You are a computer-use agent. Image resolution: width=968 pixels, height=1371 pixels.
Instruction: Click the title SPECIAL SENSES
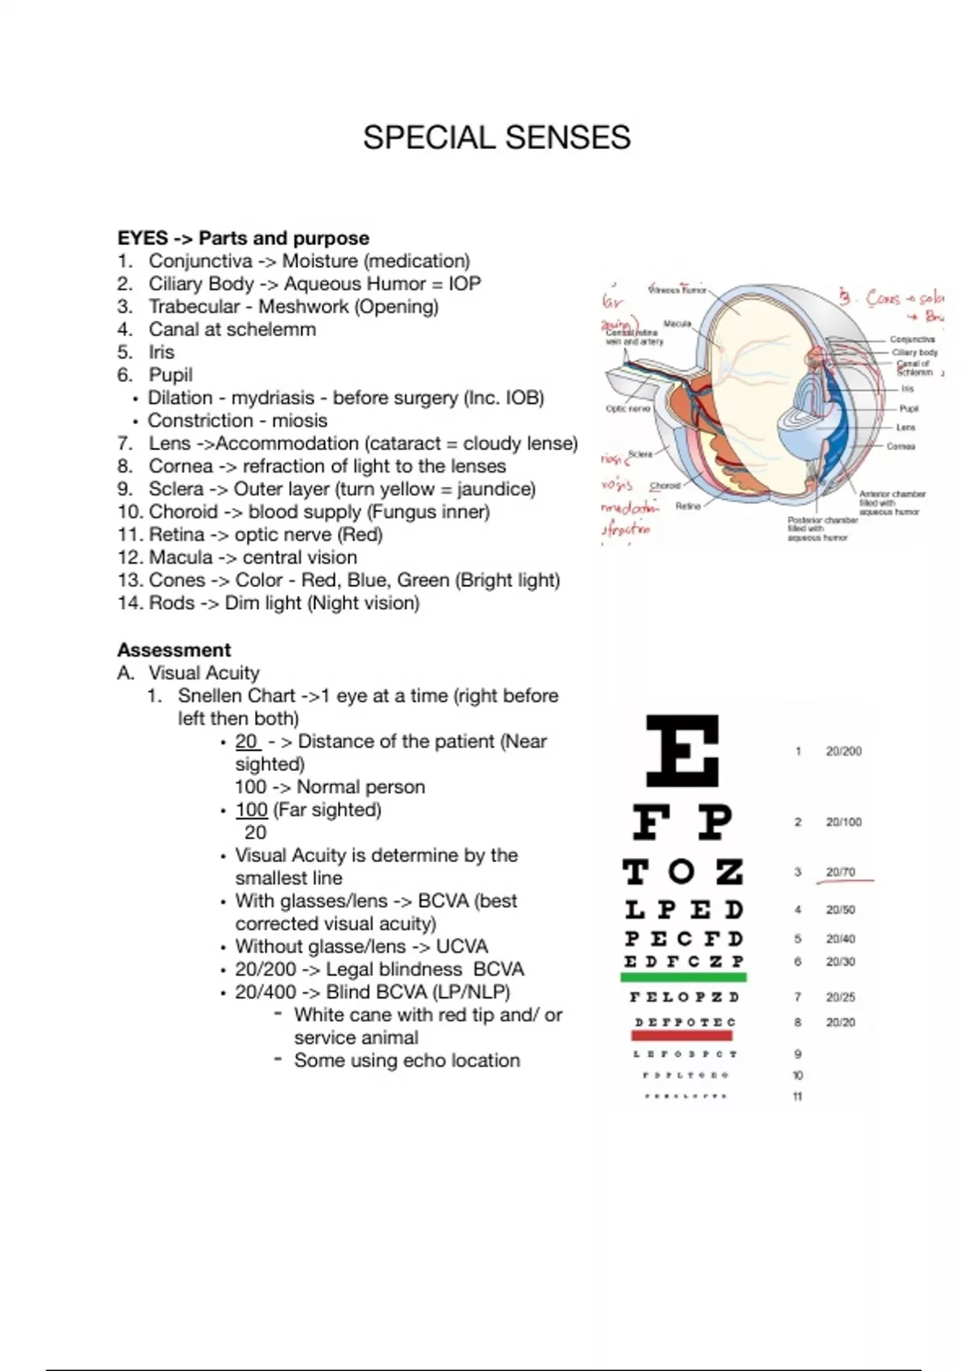click(496, 138)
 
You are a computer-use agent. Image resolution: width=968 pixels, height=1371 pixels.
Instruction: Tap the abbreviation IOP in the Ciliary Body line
click(465, 284)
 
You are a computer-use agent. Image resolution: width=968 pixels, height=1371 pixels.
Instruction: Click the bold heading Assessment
click(173, 650)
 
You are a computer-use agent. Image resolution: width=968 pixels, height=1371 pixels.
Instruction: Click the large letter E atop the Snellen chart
click(682, 752)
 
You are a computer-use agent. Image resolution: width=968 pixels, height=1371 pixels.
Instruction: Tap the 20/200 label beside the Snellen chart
click(843, 752)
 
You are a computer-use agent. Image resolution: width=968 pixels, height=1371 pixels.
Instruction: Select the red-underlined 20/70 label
click(840, 872)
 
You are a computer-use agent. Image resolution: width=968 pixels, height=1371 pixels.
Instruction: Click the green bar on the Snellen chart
click(683, 977)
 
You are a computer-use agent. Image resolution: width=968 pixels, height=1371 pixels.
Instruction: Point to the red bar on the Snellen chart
click(683, 1035)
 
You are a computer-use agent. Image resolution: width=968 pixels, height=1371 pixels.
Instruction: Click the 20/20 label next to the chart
click(840, 1023)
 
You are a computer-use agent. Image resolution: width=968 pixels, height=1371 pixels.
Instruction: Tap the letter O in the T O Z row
click(682, 872)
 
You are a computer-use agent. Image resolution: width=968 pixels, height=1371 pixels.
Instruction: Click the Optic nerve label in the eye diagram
click(628, 409)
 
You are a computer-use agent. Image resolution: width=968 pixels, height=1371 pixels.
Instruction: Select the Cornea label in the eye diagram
click(900, 446)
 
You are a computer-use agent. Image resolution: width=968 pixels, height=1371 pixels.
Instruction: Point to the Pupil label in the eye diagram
click(908, 409)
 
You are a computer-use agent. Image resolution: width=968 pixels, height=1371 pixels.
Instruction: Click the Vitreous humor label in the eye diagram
click(678, 290)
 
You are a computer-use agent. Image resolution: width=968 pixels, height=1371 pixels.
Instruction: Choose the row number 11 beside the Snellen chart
click(797, 1097)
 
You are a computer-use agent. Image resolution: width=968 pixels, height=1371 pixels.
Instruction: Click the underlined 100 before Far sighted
click(251, 810)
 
